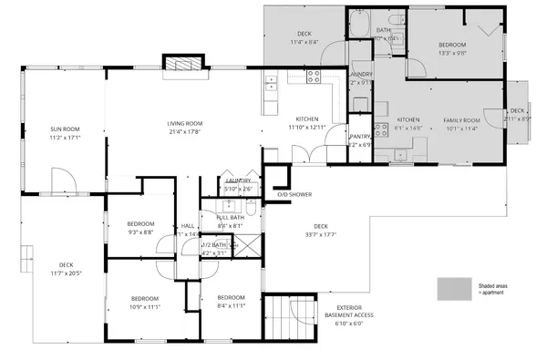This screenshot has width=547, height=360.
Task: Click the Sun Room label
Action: coord(66,129)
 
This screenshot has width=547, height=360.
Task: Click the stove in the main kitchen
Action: coord(315,77)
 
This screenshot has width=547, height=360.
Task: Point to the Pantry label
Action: coord(360,137)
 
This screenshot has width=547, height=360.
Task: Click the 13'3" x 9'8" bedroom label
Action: coord(451,45)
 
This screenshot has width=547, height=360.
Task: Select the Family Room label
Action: coord(461,120)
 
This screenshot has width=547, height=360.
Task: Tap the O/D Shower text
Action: coord(294,194)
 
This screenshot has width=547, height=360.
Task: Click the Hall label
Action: coord(187,225)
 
